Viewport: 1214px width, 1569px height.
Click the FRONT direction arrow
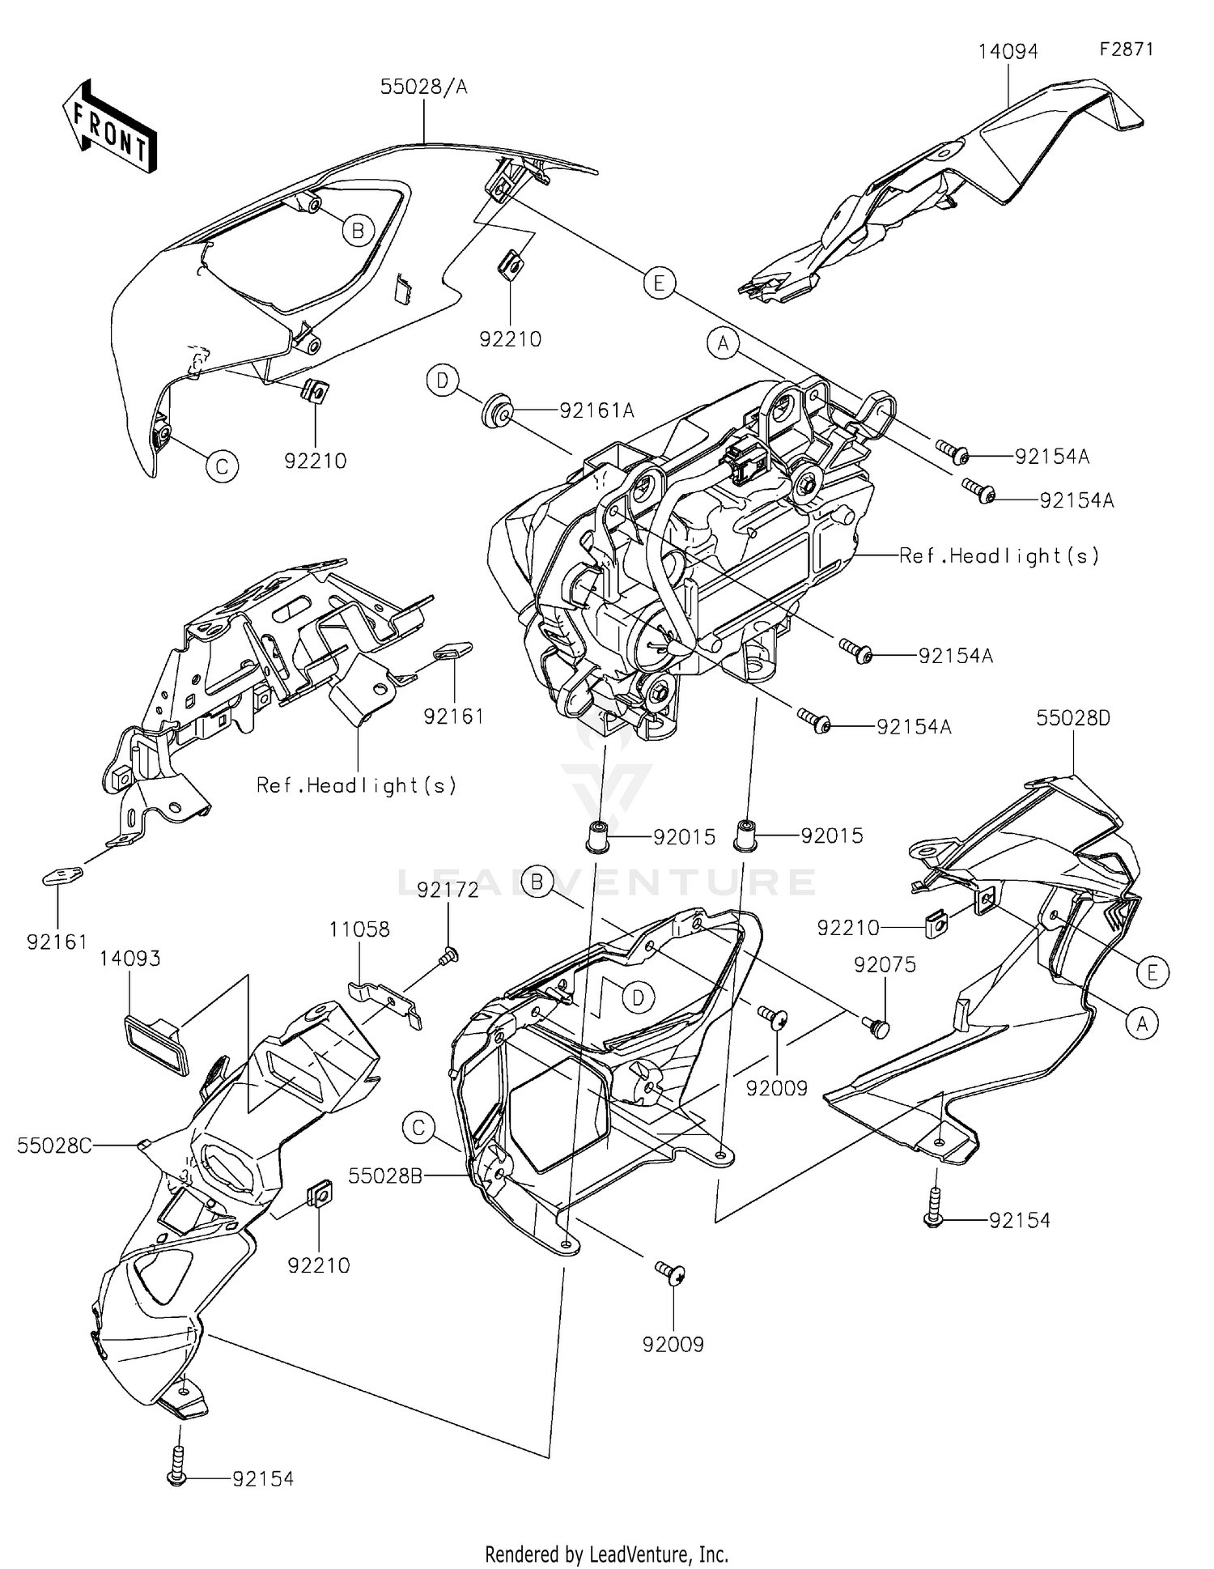109,127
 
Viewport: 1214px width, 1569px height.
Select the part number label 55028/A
424,87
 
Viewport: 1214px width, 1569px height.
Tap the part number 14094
1008,52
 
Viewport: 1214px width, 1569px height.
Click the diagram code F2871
1126,49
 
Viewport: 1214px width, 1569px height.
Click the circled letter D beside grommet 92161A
443,380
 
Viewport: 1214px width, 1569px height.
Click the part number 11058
359,929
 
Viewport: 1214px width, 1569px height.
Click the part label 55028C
54,1145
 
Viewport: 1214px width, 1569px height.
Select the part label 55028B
385,1176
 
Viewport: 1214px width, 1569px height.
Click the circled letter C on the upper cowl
222,466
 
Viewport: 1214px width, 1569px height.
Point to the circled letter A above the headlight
723,343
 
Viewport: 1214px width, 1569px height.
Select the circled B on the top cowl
358,232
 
